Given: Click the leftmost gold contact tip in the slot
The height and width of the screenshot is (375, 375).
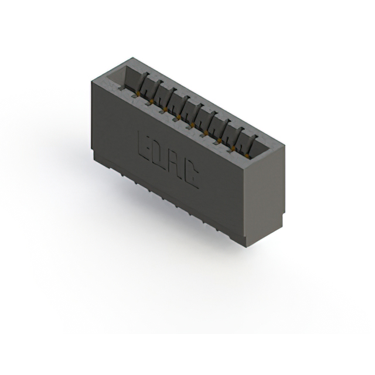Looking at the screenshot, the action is pyautogui.click(x=138, y=93).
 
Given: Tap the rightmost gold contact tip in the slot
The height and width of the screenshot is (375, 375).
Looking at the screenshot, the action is pyautogui.click(x=247, y=156).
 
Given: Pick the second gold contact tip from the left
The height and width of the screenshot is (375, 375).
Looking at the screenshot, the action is pyautogui.click(x=151, y=101).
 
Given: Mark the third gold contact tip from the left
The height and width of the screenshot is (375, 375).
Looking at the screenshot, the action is pyautogui.click(x=165, y=110).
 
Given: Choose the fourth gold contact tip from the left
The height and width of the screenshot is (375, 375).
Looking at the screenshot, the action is pyautogui.click(x=179, y=117).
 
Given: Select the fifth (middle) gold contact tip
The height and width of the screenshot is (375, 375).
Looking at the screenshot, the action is pyautogui.click(x=192, y=125).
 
